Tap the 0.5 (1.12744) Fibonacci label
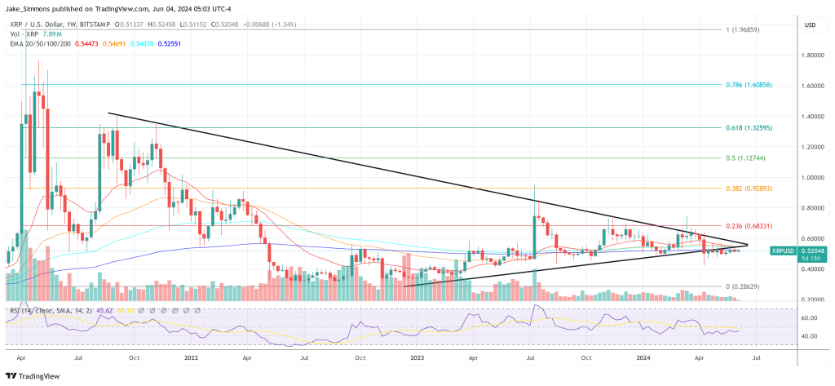coord(750,158)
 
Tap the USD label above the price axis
coord(810,25)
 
